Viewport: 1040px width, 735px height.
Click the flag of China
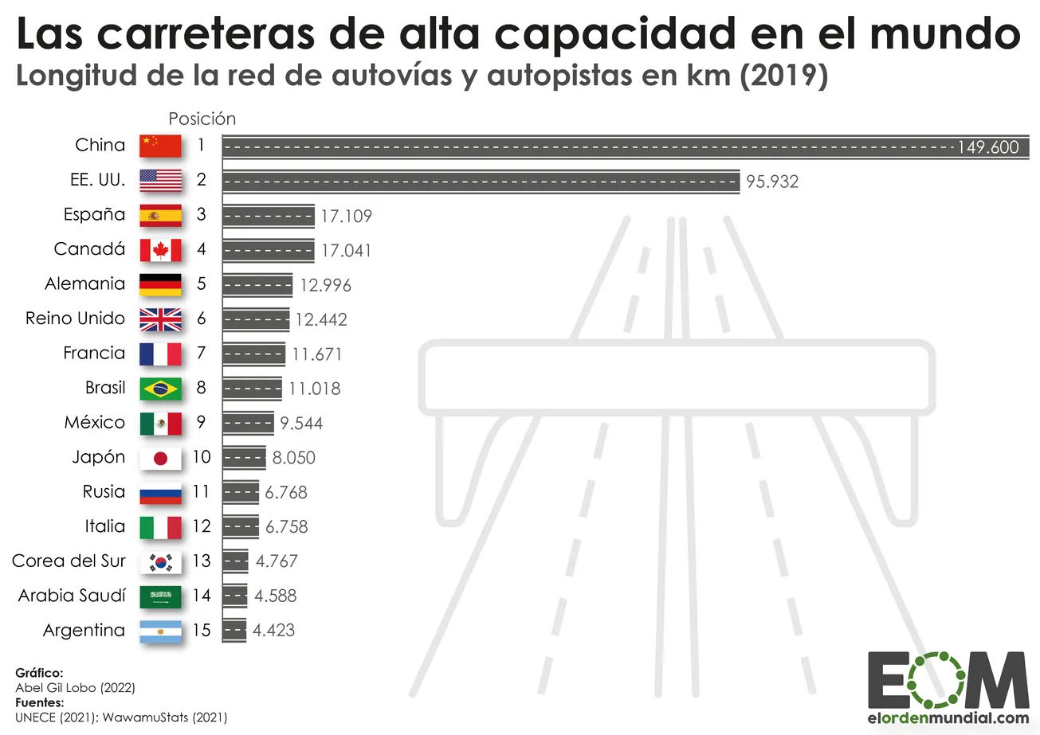160,146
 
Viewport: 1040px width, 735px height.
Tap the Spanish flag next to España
160,215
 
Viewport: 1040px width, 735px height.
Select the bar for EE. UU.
481,181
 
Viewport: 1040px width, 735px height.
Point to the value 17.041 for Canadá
346,250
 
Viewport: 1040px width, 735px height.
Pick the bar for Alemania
257,284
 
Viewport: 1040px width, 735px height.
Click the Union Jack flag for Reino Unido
160,319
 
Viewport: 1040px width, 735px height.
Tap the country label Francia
94,353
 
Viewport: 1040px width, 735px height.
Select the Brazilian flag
160,389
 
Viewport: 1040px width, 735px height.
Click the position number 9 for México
202,423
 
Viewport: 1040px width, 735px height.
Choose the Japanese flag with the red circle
160,458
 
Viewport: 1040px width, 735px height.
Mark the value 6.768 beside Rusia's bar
286,492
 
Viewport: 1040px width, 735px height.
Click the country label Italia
104,526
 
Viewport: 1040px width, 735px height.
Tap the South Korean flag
160,561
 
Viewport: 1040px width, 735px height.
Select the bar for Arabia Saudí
235,596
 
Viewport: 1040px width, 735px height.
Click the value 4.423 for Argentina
273,631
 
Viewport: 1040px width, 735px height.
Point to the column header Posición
202,119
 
